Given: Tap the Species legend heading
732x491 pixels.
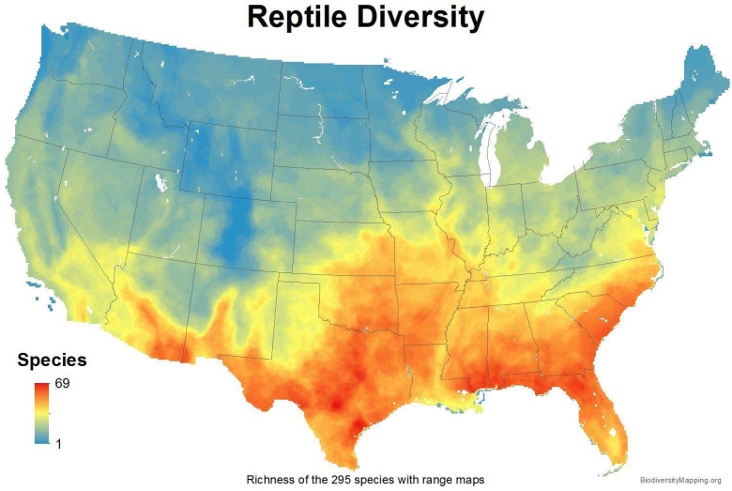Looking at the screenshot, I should point(53,361).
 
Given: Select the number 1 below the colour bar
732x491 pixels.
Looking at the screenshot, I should point(59,442).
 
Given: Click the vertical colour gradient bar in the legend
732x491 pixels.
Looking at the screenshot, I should point(42,412).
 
